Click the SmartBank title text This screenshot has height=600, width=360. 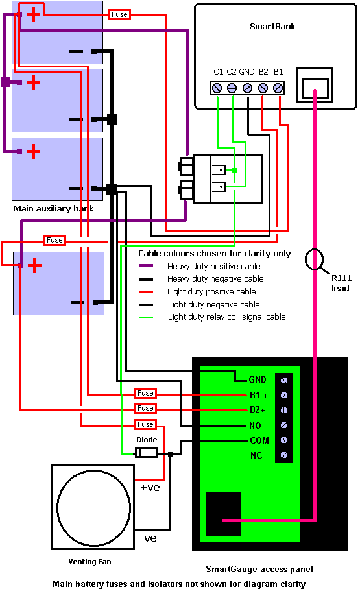[272, 27]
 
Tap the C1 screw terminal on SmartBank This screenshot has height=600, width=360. [217, 88]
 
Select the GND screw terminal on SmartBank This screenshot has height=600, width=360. [248, 88]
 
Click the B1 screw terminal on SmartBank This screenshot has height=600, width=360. [278, 88]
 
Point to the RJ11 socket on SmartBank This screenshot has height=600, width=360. [315, 86]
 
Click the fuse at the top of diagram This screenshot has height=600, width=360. [119, 14]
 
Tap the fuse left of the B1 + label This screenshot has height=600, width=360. [145, 393]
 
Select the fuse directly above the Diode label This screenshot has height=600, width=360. [145, 424]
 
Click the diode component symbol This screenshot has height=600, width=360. [146, 453]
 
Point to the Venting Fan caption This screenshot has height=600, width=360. [90, 562]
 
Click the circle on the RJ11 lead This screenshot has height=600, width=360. [315, 259]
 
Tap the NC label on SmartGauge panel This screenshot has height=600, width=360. [256, 455]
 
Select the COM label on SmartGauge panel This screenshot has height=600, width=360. [259, 440]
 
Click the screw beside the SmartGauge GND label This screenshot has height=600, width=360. [284, 380]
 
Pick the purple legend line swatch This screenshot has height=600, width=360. [146, 266]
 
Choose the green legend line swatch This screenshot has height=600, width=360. [146, 317]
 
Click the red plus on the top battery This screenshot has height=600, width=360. [33, 14]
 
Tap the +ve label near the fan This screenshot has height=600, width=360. [150, 488]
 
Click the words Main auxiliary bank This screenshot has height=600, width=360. [54, 209]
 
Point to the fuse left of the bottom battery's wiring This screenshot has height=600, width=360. [54, 240]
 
